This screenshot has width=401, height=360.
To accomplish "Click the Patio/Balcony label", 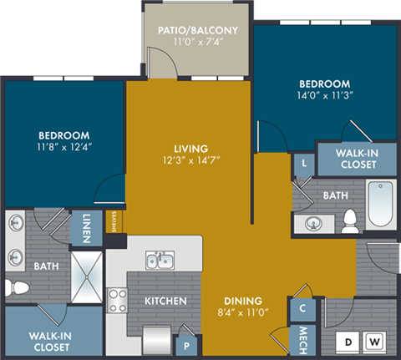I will tap(198, 31).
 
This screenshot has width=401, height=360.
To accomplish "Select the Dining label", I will tap(243, 301).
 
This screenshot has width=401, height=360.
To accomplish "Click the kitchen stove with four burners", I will tap(116, 300).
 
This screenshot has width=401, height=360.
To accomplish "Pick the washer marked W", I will tap(374, 342).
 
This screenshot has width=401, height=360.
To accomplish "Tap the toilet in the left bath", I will tap(15, 288).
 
